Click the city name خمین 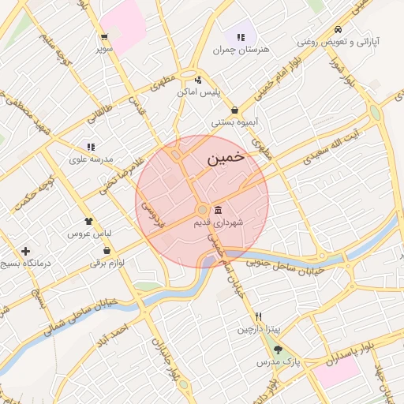click(x=226, y=159)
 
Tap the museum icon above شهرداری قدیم click(x=218, y=210)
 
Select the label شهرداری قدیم click(x=219, y=223)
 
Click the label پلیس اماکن click(x=197, y=92)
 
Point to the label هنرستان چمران click(x=241, y=50)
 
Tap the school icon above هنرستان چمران click(x=240, y=36)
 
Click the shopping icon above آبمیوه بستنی click(x=235, y=110)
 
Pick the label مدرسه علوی click(x=92, y=159)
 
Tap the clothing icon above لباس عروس click(x=89, y=222)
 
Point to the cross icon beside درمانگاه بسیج click(x=26, y=251)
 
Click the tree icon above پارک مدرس click(x=276, y=349)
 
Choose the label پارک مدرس click(x=273, y=361)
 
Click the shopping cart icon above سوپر click(x=103, y=36)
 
